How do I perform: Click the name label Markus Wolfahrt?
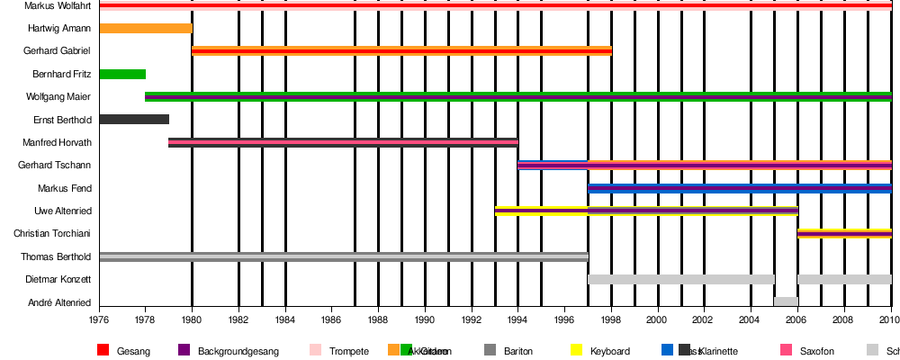tap(51, 5)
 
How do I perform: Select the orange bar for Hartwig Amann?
tap(146, 28)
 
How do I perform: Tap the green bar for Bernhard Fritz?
tap(122, 74)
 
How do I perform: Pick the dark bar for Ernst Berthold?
tap(134, 119)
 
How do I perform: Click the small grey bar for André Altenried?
tap(786, 301)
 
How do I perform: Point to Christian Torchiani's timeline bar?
tap(844, 234)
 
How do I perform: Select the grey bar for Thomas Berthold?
tap(344, 256)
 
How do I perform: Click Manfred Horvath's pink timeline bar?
tap(343, 142)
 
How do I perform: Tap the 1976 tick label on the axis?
tap(99, 319)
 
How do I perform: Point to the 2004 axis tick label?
tap(751, 319)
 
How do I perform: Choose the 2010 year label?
tap(890, 319)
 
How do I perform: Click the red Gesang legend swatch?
tap(103, 350)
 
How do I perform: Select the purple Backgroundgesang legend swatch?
tap(184, 350)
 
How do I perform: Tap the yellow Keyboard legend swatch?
tap(576, 350)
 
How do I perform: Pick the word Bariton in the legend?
tap(523, 351)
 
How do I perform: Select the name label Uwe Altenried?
tap(60, 211)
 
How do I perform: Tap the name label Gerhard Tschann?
tap(55, 166)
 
